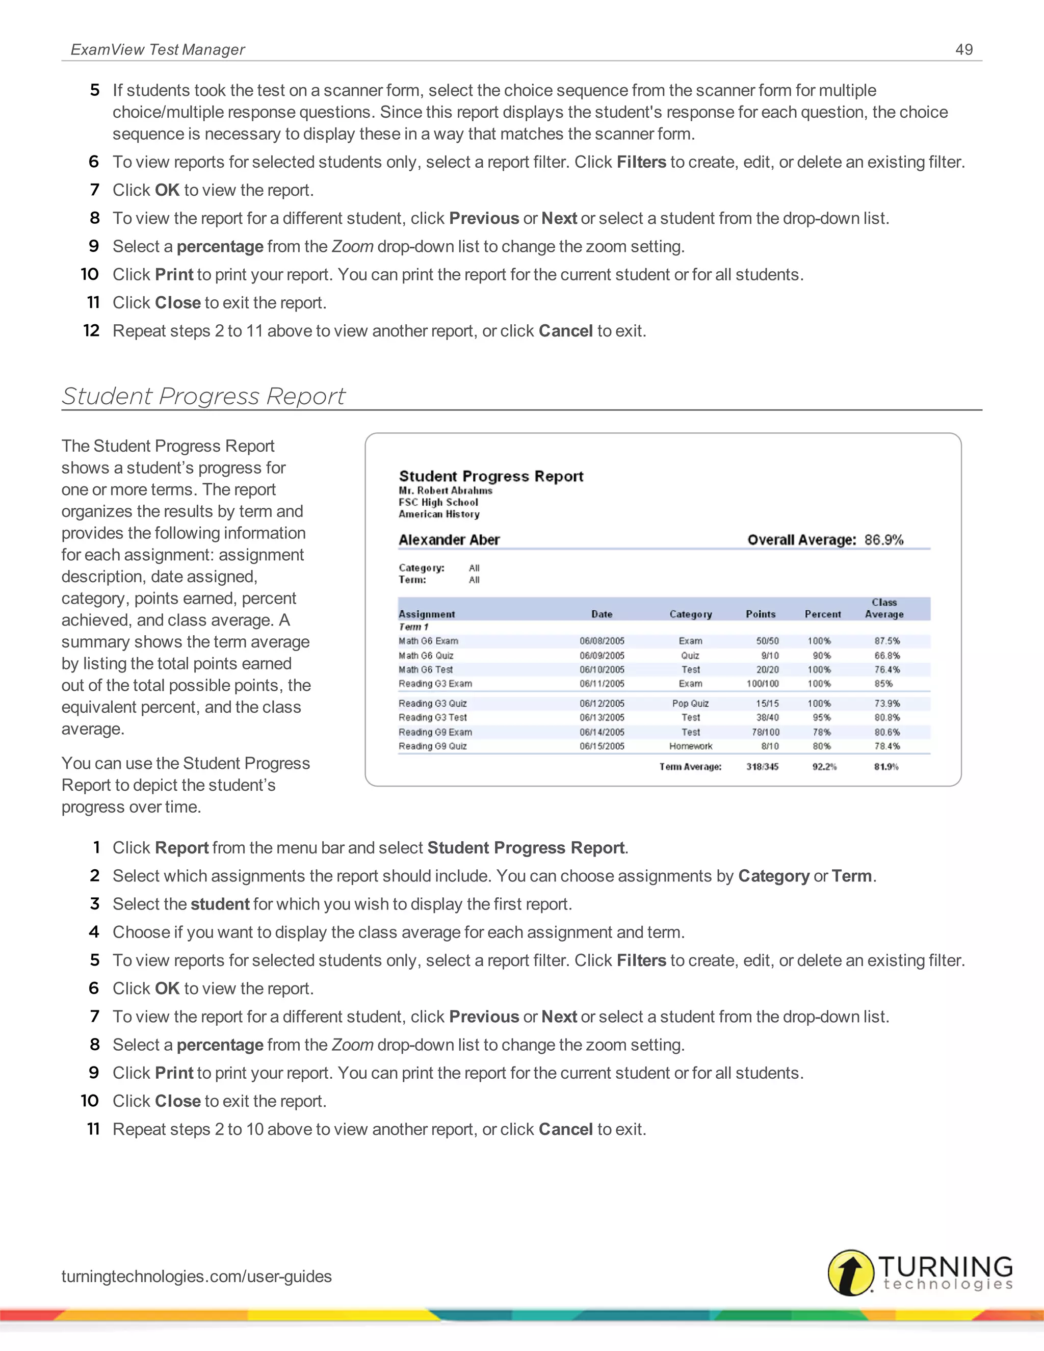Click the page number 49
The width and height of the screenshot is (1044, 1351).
963,49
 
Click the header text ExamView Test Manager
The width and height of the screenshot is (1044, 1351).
158,49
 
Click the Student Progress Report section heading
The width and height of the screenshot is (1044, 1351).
203,396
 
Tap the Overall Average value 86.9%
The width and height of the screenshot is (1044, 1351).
884,539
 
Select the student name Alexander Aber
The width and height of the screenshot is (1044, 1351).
449,539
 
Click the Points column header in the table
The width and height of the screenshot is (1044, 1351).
760,614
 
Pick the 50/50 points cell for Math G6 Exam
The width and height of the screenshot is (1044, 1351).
767,641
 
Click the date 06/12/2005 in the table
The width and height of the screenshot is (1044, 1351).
602,704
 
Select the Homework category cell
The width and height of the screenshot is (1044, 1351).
690,746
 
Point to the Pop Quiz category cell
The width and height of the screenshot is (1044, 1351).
690,704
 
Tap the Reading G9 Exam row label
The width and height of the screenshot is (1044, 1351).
435,732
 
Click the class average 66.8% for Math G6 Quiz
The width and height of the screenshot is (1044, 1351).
887,655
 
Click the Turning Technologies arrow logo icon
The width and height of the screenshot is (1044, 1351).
850,1272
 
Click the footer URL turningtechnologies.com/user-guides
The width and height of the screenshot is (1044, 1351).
196,1276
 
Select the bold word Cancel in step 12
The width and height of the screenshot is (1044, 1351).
565,331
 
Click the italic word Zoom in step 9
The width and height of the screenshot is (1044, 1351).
352,246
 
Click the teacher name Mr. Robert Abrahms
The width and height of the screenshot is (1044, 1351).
446,490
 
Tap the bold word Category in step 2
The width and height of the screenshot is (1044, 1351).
773,876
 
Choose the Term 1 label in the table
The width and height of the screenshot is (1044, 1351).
413,627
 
